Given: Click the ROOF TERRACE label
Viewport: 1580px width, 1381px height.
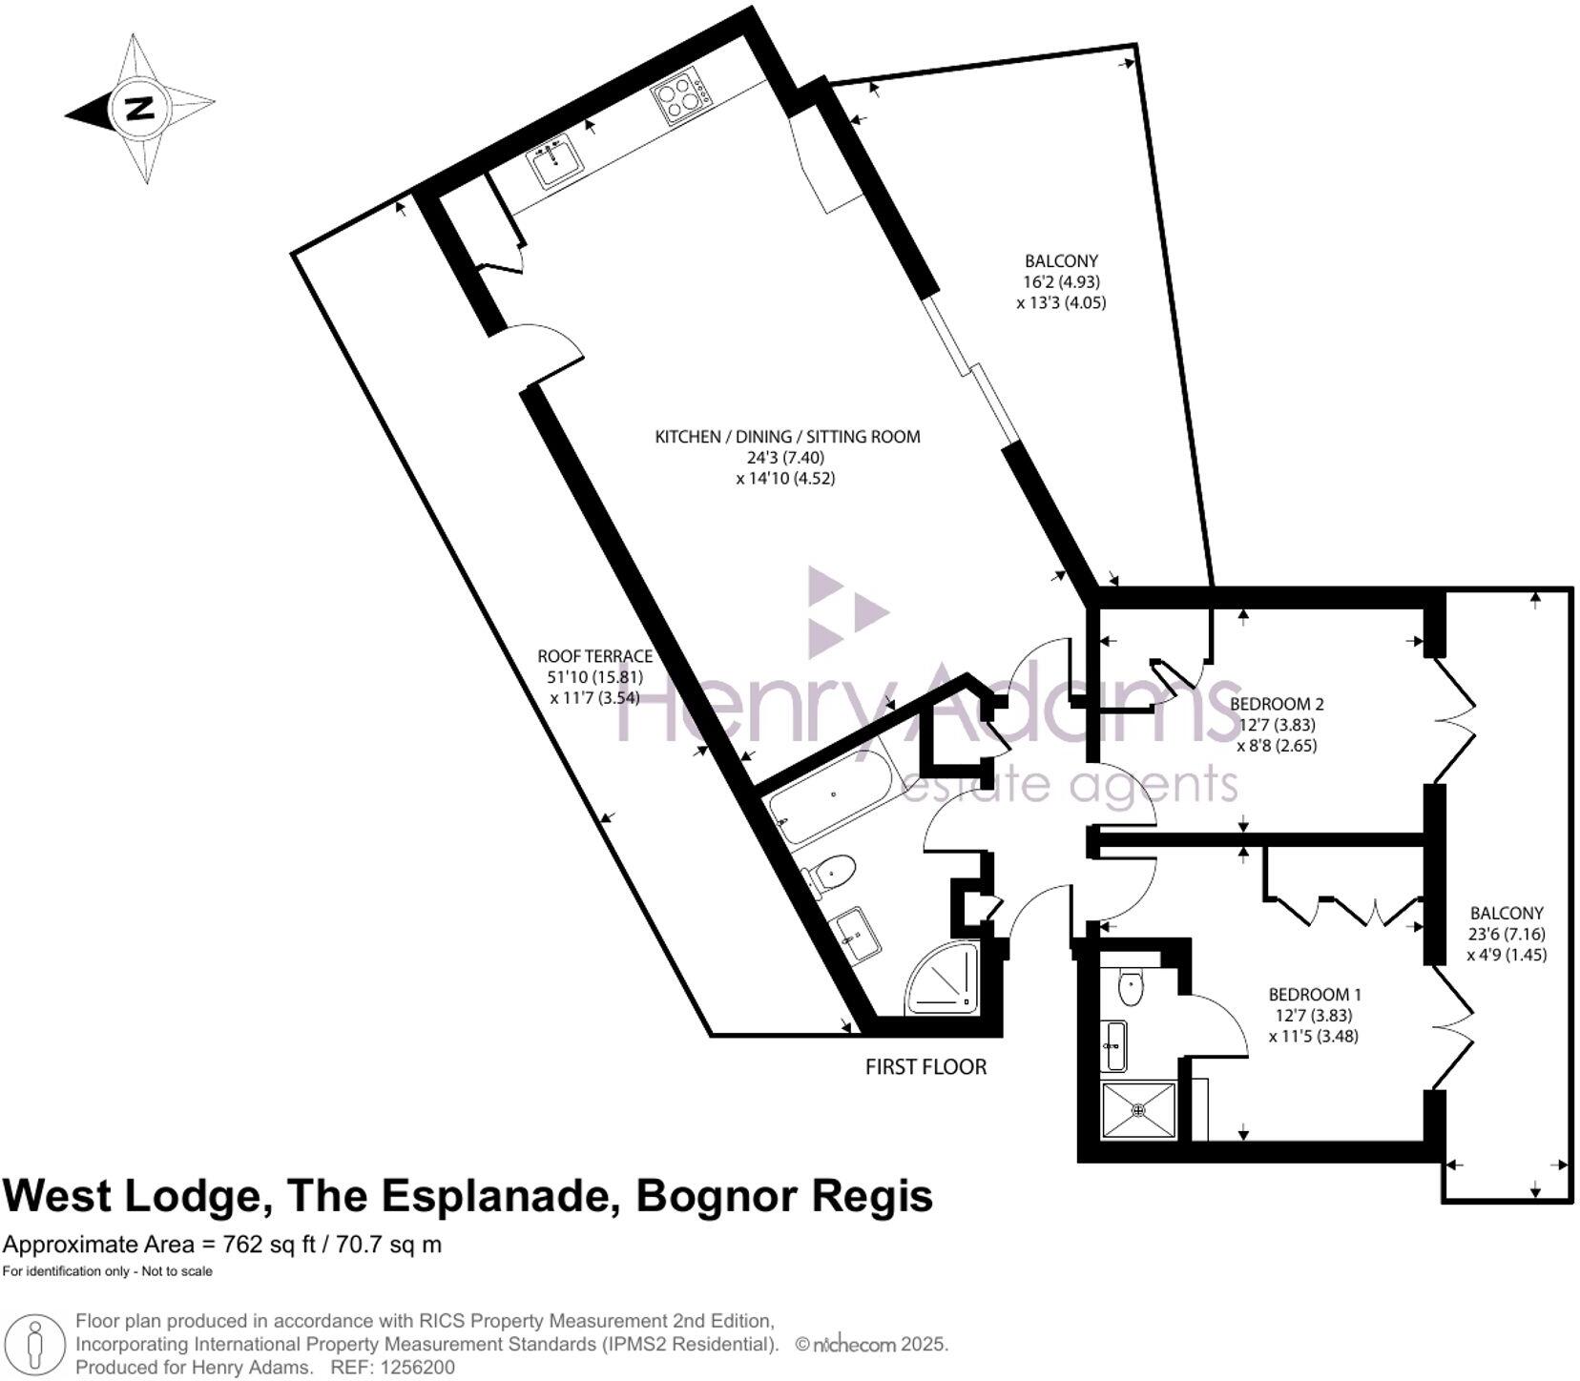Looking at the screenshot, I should coord(594,656).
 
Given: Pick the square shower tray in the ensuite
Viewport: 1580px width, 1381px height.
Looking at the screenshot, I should coord(1138,1110).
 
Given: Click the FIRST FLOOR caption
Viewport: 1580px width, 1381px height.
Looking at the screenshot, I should coord(925,1066).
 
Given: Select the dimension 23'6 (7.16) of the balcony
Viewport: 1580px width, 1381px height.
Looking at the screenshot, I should coord(1507,934).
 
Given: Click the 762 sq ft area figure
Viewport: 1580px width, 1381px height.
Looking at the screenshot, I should coord(268,1245).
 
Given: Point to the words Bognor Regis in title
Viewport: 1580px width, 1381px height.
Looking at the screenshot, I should coord(783,1195).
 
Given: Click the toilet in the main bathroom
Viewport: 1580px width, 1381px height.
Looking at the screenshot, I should coord(831,873).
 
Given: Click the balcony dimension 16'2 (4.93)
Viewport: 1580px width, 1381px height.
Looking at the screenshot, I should coord(1061,281).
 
